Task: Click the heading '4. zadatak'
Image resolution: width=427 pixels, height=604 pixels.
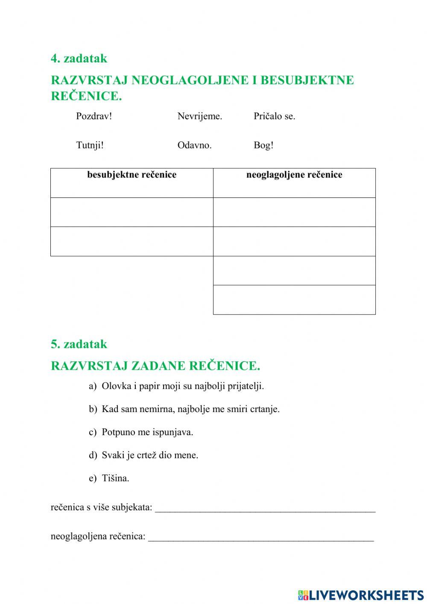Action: coord(79,59)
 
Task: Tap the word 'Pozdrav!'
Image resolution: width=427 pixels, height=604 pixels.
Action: coord(94,116)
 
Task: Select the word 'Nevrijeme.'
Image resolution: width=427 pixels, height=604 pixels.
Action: coord(200,116)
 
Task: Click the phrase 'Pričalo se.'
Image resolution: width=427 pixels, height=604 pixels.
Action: coord(274,116)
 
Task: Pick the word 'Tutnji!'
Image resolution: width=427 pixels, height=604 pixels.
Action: coord(90,145)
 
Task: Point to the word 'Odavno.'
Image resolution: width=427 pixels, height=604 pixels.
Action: coord(194,145)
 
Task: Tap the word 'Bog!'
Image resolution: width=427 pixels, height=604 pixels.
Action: coord(263,145)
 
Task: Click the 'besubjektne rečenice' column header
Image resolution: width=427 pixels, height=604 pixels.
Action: coord(132,175)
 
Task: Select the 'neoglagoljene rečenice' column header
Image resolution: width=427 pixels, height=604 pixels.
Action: coord(294,175)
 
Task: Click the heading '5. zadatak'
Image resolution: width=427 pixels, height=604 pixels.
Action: coord(79,344)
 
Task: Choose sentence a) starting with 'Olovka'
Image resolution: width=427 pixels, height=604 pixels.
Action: coord(183,386)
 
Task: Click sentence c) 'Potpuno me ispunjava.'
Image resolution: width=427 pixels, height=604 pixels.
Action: coord(147,432)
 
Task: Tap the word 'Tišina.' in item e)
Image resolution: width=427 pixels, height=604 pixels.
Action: coord(115,478)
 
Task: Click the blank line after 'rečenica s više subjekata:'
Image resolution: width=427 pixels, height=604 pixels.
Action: coord(265,509)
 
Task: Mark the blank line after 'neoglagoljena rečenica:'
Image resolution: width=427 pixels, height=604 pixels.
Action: coord(260,538)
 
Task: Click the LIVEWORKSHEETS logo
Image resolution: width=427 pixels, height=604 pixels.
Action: coord(360,595)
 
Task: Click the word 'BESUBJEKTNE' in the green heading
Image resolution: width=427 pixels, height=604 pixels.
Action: coord(307,80)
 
